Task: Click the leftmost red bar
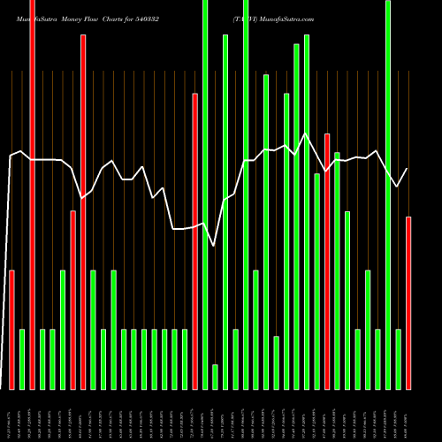click(x=12, y=329)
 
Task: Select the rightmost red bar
click(x=408, y=302)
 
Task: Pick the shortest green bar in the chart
click(x=215, y=377)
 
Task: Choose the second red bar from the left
click(x=33, y=194)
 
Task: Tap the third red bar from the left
click(x=73, y=300)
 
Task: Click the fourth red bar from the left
click(x=84, y=212)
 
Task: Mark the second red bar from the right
click(x=327, y=261)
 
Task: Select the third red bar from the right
click(x=194, y=240)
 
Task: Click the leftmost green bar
click(x=22, y=359)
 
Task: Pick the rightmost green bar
click(x=398, y=359)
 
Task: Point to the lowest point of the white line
click(x=215, y=246)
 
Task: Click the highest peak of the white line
click(x=306, y=133)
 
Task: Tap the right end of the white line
click(x=408, y=169)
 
